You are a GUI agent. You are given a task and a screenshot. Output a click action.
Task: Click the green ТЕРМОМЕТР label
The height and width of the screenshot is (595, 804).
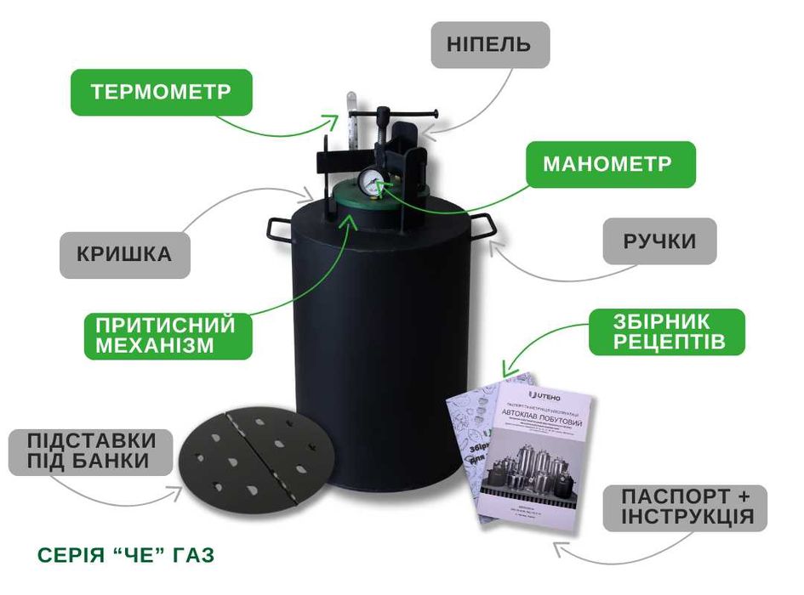click(161, 92)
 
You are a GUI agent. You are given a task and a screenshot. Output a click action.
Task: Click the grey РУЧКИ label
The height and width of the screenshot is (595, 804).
click(659, 241)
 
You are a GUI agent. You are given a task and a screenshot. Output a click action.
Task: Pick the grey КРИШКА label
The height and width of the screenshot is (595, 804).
click(124, 254)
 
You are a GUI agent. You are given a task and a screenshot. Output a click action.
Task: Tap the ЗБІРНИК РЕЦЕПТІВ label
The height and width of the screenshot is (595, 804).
click(667, 332)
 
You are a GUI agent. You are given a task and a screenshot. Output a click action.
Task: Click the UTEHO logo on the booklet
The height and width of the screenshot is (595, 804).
click(545, 396)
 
